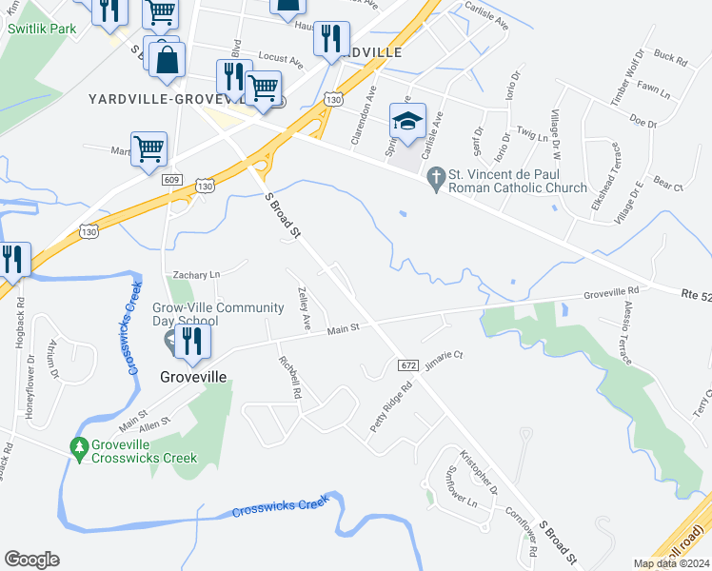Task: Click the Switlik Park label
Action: click(42, 29)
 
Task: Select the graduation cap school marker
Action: click(407, 122)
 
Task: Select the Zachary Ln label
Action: click(196, 275)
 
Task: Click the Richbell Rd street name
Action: click(289, 377)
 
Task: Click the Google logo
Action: click(31, 560)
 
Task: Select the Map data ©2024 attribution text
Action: click(670, 563)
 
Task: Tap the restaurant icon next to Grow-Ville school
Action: click(192, 342)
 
